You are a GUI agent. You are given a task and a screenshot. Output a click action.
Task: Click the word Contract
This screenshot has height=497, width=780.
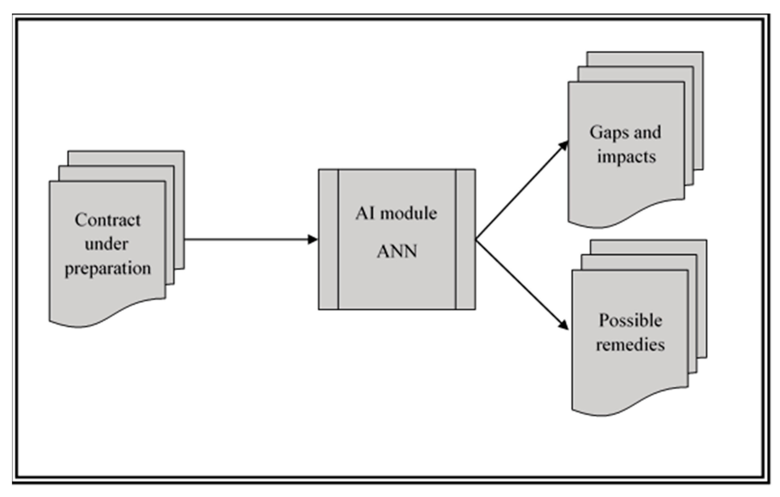pos(108,220)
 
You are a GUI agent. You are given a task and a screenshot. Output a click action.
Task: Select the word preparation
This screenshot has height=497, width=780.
pos(108,269)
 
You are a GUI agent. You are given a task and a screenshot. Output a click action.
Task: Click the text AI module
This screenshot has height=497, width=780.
pos(396,213)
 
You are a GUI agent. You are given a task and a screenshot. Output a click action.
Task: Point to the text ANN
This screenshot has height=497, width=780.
pos(397,251)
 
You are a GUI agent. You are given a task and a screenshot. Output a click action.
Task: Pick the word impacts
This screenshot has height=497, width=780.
pos(626,157)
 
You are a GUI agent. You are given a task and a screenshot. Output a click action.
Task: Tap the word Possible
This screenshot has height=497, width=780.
pos(630,321)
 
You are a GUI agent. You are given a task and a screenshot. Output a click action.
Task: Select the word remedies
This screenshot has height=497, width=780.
pos(630,345)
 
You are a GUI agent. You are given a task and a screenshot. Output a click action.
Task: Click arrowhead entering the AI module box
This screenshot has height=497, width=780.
pos(313,239)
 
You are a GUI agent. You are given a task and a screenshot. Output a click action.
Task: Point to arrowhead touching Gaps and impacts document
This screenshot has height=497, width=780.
pos(564,145)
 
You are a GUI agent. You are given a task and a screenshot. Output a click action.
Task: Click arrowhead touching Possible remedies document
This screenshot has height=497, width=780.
pos(564,325)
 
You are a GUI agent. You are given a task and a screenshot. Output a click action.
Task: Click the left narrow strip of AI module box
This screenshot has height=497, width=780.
pos(329,239)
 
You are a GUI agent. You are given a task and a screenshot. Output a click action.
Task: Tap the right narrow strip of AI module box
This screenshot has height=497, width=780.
pos(466,239)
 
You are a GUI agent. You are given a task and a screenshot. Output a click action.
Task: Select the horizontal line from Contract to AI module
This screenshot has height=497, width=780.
pos(246,239)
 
